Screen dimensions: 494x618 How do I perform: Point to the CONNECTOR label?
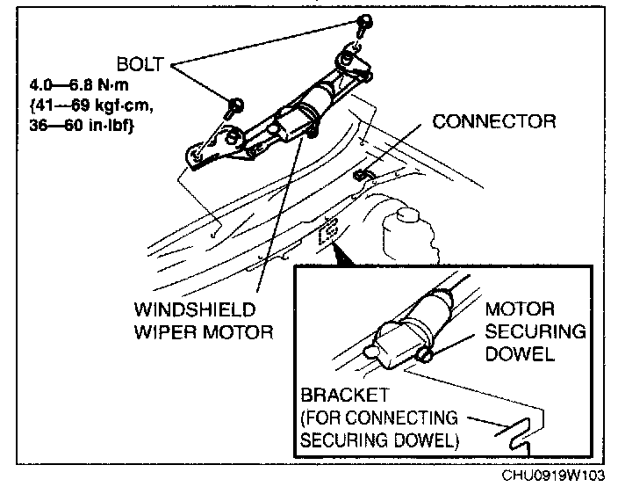pyautogui.click(x=494, y=122)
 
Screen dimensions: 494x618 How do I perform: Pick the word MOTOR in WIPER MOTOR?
pyautogui.click(x=240, y=334)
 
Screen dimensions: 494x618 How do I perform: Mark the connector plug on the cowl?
pyautogui.click(x=360, y=175)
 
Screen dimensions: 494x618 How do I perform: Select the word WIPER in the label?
pyautogui.click(x=164, y=334)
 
